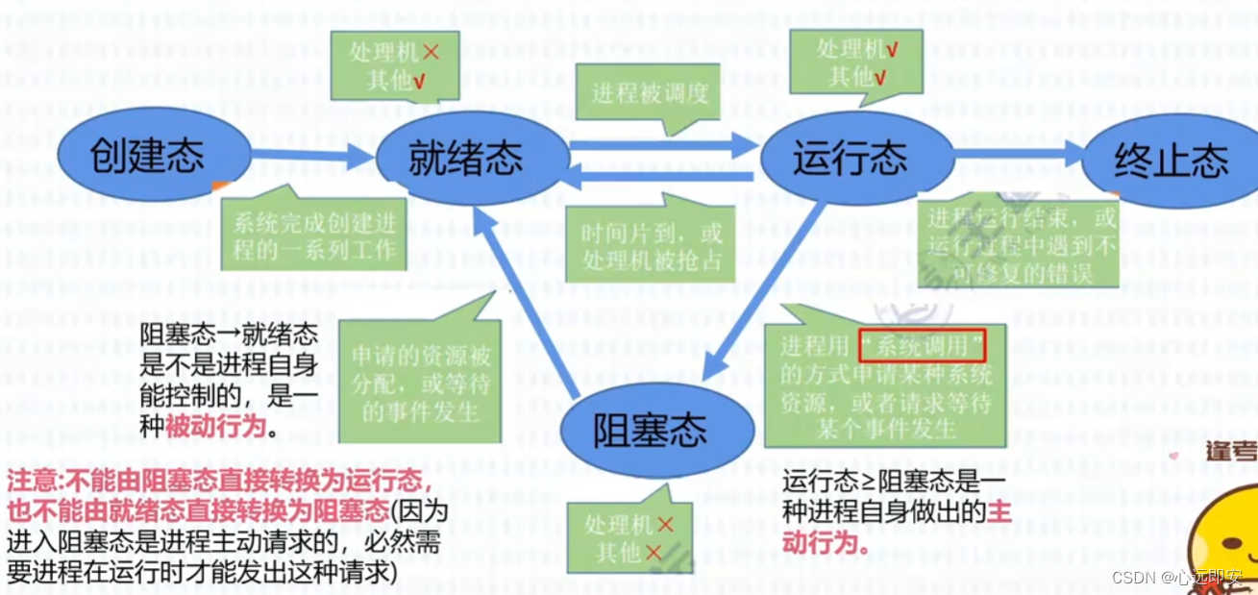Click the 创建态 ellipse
pos(147,156)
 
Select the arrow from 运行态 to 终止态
pos(1019,151)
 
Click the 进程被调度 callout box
pos(651,93)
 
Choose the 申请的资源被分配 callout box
pos(421,383)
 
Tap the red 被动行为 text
pos(214,427)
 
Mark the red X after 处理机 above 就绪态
pos(430,51)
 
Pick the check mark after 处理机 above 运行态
pos(893,48)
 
